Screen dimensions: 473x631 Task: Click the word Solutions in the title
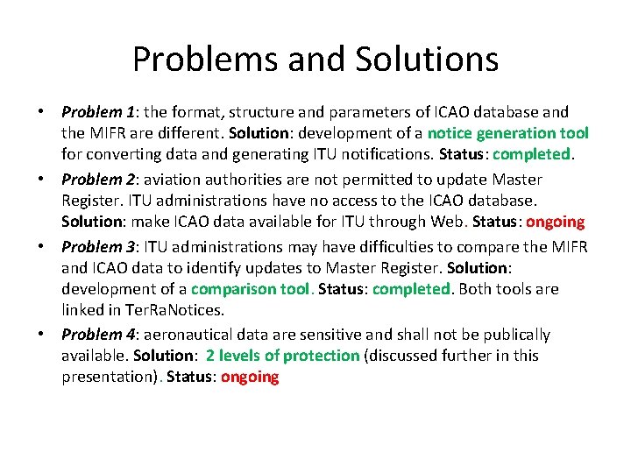click(x=427, y=60)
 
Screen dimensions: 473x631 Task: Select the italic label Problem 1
click(x=97, y=112)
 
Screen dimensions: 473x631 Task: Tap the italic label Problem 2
click(x=97, y=180)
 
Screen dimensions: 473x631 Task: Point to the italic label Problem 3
click(x=97, y=247)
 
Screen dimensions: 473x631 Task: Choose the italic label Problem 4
click(x=97, y=335)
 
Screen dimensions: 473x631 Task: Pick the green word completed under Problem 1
click(x=532, y=155)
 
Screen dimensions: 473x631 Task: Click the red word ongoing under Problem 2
click(x=555, y=222)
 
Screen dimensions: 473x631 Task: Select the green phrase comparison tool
click(x=250, y=289)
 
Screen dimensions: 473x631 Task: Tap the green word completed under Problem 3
click(x=408, y=289)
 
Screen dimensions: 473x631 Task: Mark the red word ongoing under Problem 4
click(x=250, y=378)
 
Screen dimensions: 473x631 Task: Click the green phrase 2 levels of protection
click(x=283, y=356)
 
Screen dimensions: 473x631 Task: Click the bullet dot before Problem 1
click(x=41, y=113)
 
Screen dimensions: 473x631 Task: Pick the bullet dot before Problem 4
click(x=41, y=335)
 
